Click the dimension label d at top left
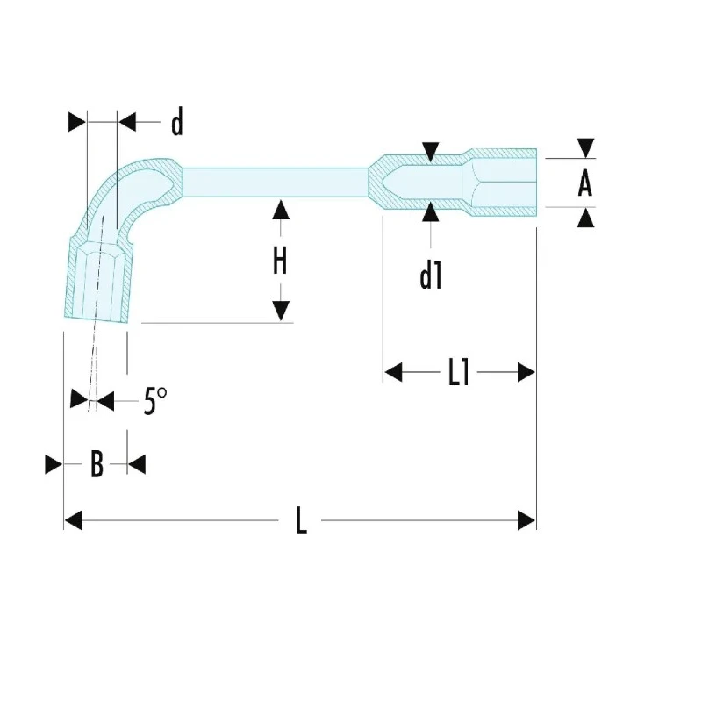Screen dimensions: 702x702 pyautogui.click(x=177, y=122)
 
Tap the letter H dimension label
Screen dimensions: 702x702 pyautogui.click(x=280, y=261)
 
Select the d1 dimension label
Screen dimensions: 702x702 pyautogui.click(x=431, y=276)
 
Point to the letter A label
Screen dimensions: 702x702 pyautogui.click(x=584, y=183)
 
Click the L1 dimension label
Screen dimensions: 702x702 pyautogui.click(x=459, y=372)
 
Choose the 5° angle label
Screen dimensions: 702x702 pyautogui.click(x=155, y=401)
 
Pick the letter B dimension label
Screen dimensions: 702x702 pyautogui.click(x=97, y=464)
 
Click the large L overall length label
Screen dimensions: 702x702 pyautogui.click(x=301, y=520)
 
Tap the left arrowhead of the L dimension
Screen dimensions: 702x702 pyautogui.click(x=74, y=520)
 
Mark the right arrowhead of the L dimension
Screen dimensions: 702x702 pyautogui.click(x=526, y=520)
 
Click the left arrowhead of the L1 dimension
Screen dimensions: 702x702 pyautogui.click(x=393, y=372)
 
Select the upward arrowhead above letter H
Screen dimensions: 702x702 pyautogui.click(x=281, y=210)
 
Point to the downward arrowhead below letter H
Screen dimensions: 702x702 pyautogui.click(x=281, y=311)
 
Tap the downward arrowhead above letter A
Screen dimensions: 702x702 pyautogui.click(x=585, y=147)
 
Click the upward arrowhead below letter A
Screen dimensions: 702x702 pyautogui.click(x=585, y=218)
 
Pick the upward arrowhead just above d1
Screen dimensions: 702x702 pyautogui.click(x=431, y=211)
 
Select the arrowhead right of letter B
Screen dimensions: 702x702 pyautogui.click(x=137, y=464)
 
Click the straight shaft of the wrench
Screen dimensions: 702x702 pyautogui.click(x=275, y=183)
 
